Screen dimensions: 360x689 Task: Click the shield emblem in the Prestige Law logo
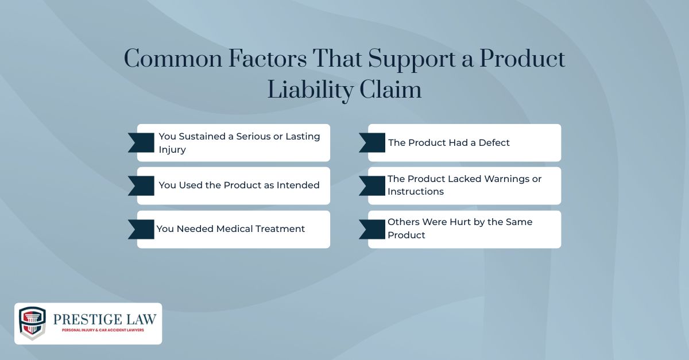click(x=32, y=323)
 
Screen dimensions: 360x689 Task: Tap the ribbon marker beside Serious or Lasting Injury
click(x=141, y=142)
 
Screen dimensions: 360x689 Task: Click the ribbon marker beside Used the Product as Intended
click(x=141, y=185)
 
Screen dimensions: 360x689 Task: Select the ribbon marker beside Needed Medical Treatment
click(x=141, y=229)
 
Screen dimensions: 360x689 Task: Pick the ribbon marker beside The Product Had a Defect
click(x=372, y=142)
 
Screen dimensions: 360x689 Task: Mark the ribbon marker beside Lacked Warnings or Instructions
click(x=372, y=185)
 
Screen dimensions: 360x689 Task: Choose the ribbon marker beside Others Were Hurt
click(x=372, y=229)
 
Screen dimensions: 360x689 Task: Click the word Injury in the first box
click(x=172, y=149)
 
